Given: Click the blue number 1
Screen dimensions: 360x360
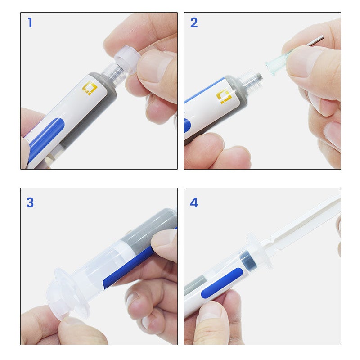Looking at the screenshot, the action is [x=30, y=23].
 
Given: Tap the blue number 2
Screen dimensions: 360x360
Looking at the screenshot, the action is [x=194, y=23].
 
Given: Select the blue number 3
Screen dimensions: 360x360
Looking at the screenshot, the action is [x=30, y=202].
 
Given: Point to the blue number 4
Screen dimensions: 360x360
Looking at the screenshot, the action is [x=194, y=203].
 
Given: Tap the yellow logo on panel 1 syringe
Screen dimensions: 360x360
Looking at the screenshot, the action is [x=90, y=88].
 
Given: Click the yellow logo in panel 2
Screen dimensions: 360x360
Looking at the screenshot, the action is [x=224, y=96].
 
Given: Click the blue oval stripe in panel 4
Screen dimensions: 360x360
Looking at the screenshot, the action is [x=222, y=283].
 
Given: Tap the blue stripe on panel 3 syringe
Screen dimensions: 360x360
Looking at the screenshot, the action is [x=129, y=267].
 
